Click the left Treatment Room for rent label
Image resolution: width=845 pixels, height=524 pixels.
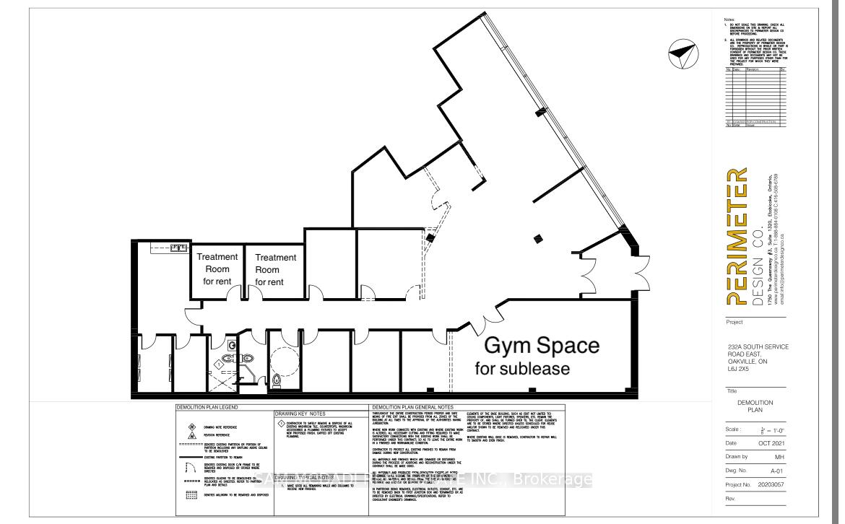point(217,268)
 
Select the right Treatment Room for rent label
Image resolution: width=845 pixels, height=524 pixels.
point(275,269)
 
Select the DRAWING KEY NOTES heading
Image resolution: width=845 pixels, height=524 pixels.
point(304,414)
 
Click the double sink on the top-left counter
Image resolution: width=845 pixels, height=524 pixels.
point(176,248)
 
